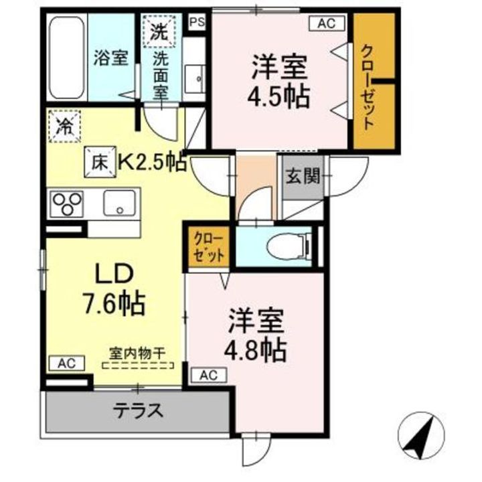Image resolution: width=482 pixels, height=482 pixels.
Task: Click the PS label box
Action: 197,23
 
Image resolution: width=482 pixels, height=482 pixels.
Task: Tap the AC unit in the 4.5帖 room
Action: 327,23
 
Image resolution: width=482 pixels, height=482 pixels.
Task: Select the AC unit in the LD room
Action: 67,364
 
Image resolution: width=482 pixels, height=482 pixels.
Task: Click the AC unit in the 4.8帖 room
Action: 209,375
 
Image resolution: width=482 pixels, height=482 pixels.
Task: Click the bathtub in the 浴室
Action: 67,58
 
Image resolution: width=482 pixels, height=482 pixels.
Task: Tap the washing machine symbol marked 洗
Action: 159,31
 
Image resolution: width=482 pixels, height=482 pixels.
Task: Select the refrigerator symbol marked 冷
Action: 64,126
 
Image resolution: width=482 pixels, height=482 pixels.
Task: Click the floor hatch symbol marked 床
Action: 100,162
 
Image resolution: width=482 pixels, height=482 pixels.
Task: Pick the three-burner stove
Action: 66,204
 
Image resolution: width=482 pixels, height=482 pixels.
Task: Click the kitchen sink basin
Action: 119,203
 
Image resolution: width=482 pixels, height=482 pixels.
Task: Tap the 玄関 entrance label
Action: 303,177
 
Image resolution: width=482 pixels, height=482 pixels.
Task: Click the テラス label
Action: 138,410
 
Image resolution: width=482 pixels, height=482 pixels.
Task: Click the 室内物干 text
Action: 137,353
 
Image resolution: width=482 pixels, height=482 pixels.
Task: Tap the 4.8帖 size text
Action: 255,351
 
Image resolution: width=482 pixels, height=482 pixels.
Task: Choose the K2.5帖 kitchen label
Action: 153,162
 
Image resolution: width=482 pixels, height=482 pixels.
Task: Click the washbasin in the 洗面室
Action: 195,79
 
